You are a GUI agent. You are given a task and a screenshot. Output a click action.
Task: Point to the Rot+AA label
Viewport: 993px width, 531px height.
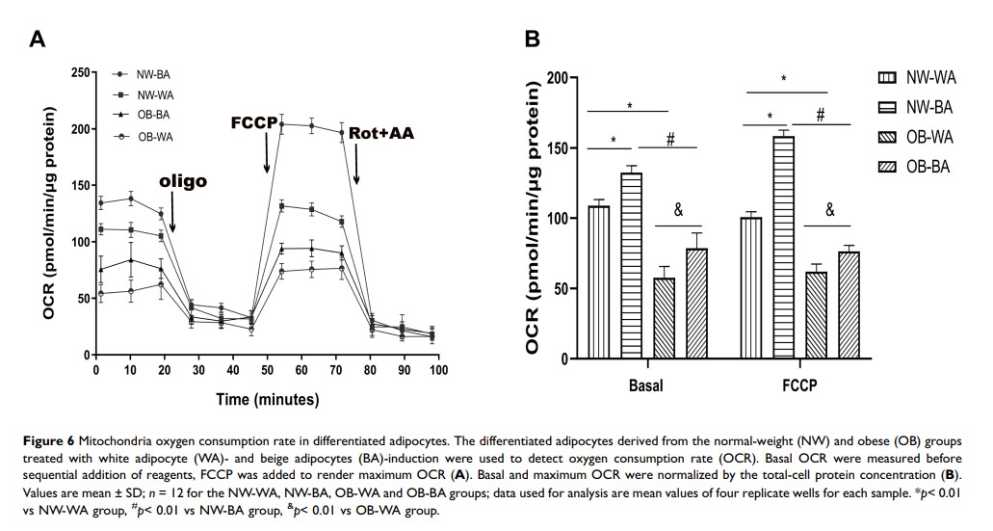381,133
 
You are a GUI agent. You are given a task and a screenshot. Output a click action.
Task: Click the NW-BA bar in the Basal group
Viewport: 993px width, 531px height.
631,265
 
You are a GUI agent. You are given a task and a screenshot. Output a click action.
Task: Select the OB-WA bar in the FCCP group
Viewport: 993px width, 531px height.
815,315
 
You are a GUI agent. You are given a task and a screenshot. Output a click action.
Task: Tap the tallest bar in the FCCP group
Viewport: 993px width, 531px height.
783,247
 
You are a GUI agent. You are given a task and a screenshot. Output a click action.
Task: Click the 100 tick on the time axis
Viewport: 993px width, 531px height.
438,369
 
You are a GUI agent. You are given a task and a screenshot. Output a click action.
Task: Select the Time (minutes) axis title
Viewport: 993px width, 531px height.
266,399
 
